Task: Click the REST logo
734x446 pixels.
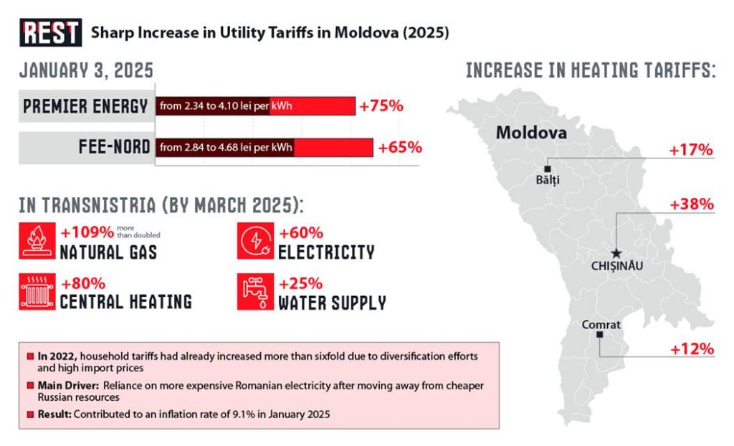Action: click(x=51, y=33)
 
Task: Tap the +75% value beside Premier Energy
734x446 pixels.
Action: click(x=381, y=106)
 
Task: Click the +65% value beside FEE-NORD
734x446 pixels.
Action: click(x=400, y=148)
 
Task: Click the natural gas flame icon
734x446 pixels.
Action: click(x=37, y=241)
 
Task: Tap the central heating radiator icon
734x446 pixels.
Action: click(x=37, y=291)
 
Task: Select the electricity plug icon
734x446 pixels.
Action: click(x=254, y=241)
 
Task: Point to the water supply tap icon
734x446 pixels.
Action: click(x=254, y=291)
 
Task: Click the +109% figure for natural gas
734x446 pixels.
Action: click(x=87, y=233)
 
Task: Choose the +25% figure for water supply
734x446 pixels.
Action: click(x=300, y=283)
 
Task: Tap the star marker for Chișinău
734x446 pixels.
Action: click(x=615, y=253)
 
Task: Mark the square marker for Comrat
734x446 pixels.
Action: click(x=599, y=335)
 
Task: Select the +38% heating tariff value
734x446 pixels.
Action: click(x=692, y=204)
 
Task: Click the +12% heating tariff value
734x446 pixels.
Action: click(x=692, y=349)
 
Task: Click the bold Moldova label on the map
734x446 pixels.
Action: click(x=531, y=133)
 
